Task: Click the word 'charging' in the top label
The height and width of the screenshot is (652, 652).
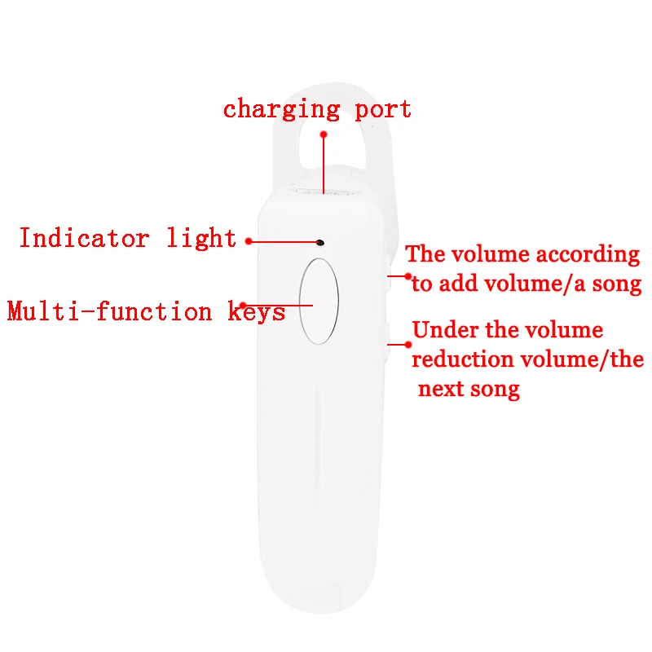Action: point(281,110)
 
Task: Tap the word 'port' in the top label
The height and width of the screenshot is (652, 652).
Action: point(382,110)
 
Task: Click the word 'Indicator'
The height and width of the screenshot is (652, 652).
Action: point(85,238)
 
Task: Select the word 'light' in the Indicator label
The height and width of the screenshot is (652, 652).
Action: point(201,238)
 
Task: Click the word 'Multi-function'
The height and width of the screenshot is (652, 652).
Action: point(109,311)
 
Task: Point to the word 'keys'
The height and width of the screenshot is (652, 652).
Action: point(256,311)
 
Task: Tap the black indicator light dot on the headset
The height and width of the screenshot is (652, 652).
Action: point(319,242)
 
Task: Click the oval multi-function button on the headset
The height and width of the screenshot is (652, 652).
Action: point(319,301)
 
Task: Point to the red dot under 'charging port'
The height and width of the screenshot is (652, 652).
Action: point(324,134)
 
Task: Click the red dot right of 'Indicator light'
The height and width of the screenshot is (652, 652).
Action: point(249,241)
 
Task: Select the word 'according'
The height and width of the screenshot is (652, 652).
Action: point(588,255)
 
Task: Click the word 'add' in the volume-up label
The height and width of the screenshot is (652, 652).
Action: point(458,284)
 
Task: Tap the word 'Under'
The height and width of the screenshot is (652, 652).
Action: point(445,330)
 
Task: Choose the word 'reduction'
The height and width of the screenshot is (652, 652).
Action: point(463,359)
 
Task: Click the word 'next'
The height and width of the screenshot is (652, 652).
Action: point(441,390)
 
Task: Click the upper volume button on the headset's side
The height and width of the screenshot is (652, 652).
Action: point(389,274)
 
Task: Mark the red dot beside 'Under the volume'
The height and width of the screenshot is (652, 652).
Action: point(408,345)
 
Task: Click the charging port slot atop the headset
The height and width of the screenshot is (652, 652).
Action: point(324,192)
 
